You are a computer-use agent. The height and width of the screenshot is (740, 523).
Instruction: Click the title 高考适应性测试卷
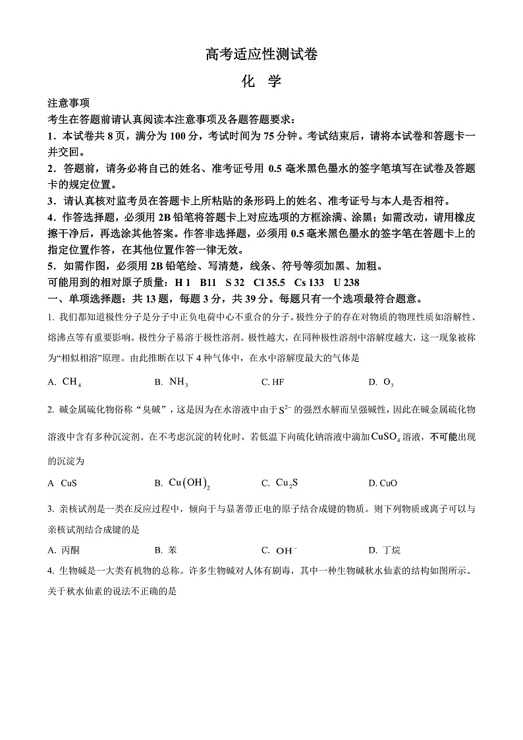[x=261, y=55]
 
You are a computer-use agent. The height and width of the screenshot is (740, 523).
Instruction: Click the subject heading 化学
[x=261, y=82]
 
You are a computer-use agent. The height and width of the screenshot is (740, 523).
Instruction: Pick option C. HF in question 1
[x=273, y=382]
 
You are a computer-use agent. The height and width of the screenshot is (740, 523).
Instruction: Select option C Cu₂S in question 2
[x=280, y=483]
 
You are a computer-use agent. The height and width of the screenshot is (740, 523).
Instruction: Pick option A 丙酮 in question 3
[x=64, y=550]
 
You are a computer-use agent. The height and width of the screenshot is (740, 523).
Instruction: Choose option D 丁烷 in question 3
[x=385, y=550]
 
